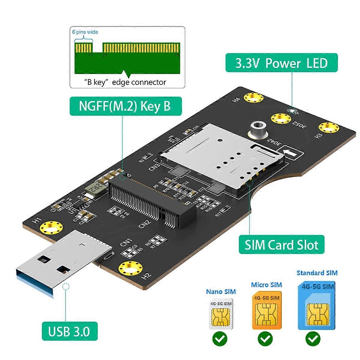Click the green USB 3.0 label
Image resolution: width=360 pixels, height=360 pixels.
click(70, 332)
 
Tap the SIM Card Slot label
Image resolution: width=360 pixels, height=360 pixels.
click(281, 245)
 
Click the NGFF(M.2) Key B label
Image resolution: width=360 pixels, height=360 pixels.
click(126, 106)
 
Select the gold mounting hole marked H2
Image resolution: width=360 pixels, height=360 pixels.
click(130, 268)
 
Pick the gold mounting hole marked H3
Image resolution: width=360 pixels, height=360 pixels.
click(329, 127)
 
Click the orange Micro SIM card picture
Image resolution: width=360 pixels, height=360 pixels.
click(266, 310)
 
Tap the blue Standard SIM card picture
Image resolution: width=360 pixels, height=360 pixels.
click(317, 306)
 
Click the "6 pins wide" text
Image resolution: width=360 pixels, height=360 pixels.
click(85, 32)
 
